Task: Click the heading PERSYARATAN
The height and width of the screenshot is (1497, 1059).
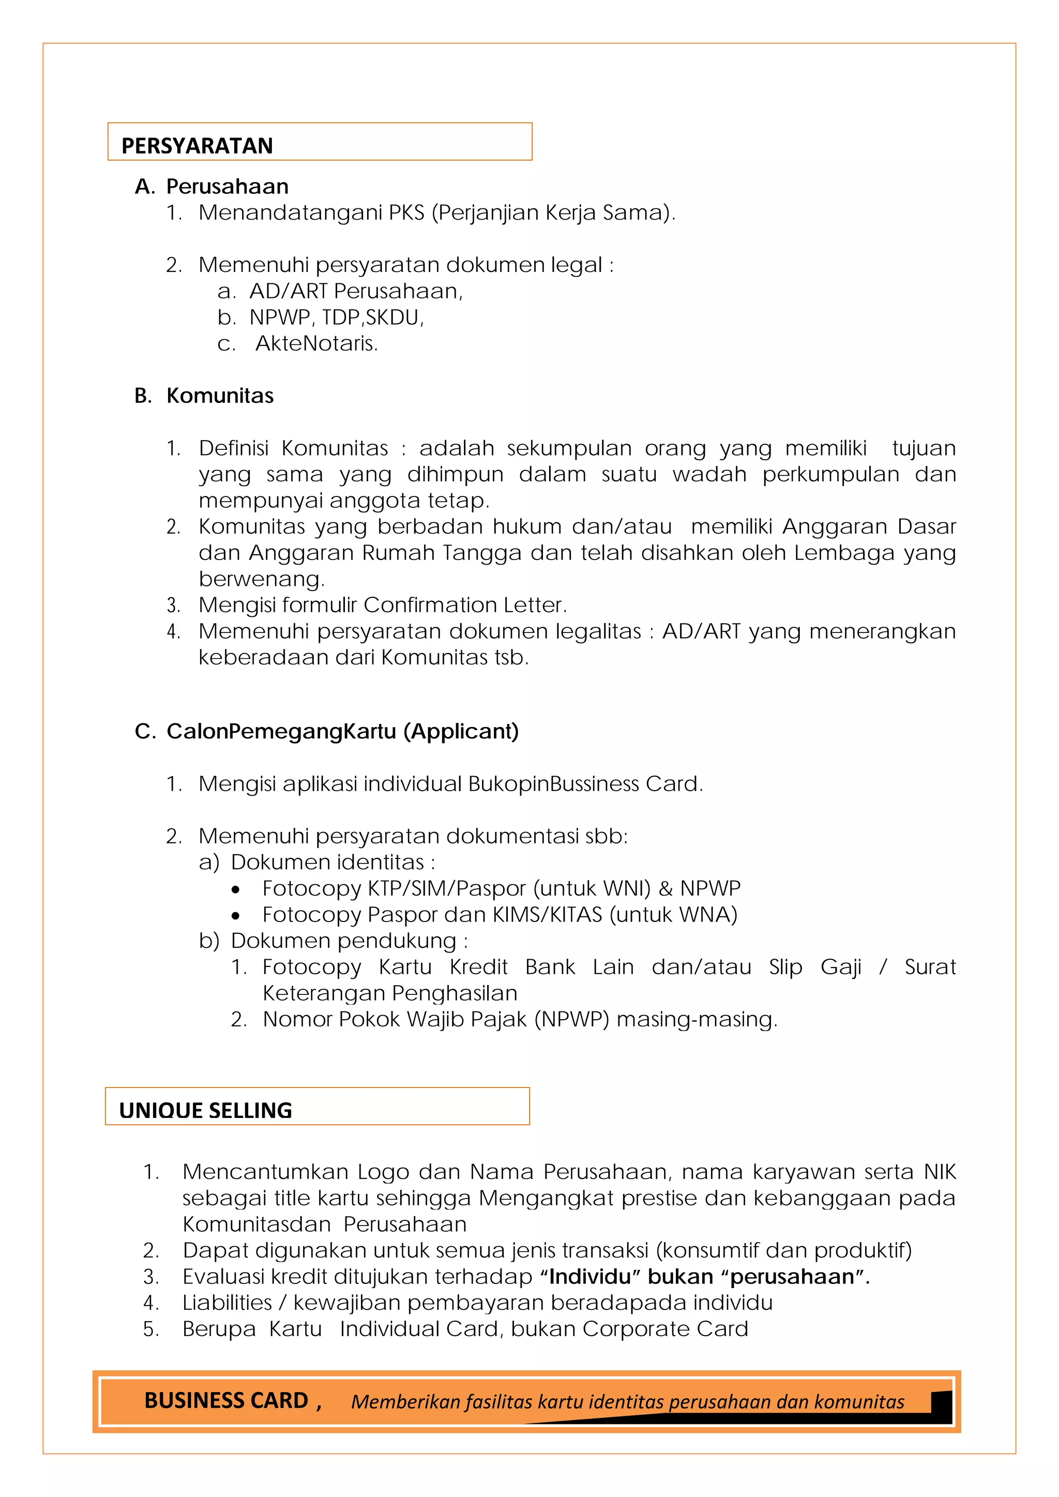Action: pyautogui.click(x=197, y=146)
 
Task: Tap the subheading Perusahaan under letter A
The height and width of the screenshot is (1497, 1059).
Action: pyautogui.click(x=227, y=187)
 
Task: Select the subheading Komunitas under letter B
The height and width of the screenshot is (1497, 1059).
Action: pyautogui.click(x=220, y=396)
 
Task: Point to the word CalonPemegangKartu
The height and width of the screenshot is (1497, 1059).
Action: pyautogui.click(x=281, y=732)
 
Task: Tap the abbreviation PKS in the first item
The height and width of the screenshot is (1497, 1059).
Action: pyautogui.click(x=406, y=213)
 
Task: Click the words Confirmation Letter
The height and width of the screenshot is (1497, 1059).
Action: pyautogui.click(x=464, y=605)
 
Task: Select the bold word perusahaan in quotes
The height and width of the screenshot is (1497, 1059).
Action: pyautogui.click(x=792, y=1277)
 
